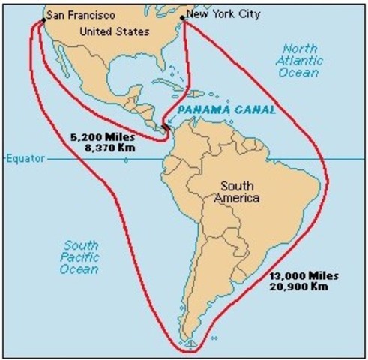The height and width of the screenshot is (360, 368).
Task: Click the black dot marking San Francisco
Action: point(43,19)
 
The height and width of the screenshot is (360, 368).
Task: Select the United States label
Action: point(115,31)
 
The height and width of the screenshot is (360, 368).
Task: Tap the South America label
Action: point(235,193)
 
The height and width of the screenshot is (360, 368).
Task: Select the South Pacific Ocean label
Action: point(81,256)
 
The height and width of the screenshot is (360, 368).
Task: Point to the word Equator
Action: point(28,159)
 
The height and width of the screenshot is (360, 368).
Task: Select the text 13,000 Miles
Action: point(298,276)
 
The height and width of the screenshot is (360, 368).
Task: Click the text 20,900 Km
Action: point(298,287)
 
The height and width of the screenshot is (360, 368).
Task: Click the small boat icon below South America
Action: point(190,344)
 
